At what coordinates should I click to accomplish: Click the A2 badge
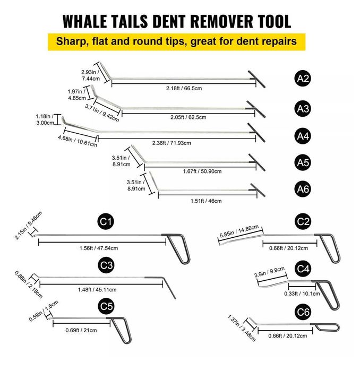pyautogui.click(x=303, y=79)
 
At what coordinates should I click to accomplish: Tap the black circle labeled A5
pyautogui.click(x=303, y=162)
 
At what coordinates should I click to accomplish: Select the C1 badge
pyautogui.click(x=106, y=221)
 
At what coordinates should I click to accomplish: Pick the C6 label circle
pyautogui.click(x=303, y=312)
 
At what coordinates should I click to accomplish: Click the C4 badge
pyautogui.click(x=303, y=269)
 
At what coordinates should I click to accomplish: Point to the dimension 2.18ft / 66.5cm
pyautogui.click(x=184, y=89)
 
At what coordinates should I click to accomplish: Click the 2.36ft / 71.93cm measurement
pyautogui.click(x=172, y=143)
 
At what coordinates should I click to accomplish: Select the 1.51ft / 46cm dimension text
pyautogui.click(x=206, y=201)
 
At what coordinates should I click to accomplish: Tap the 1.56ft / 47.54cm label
pyautogui.click(x=99, y=248)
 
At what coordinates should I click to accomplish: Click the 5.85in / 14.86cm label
pyautogui.click(x=239, y=231)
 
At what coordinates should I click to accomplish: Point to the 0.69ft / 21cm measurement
pyautogui.click(x=81, y=330)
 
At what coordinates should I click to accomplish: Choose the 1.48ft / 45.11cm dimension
pyautogui.click(x=97, y=290)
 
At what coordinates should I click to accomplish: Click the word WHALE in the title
pyautogui.click(x=85, y=21)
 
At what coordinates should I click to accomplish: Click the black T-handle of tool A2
pyautogui.click(x=256, y=79)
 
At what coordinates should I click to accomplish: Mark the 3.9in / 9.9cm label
pyautogui.click(x=270, y=272)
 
